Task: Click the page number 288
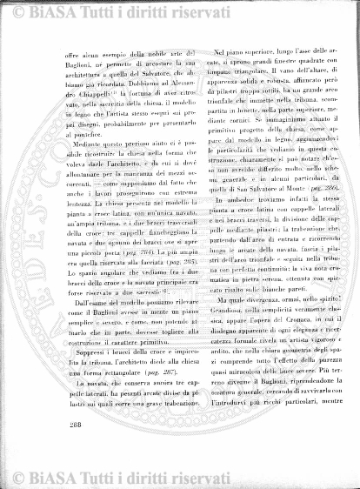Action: [70, 425]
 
